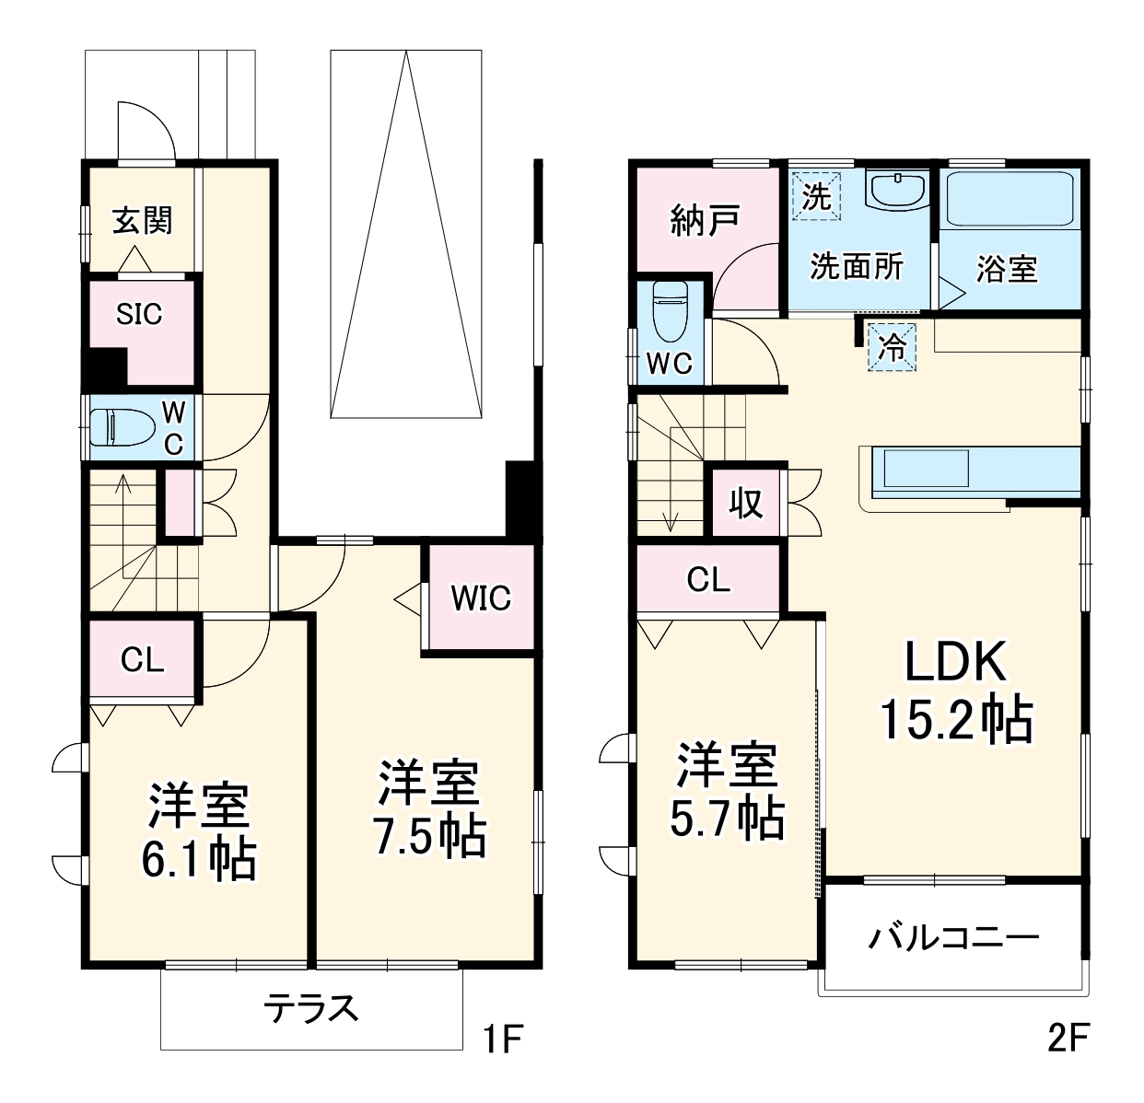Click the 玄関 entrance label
click(143, 221)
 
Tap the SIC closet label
click(139, 315)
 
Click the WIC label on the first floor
click(481, 598)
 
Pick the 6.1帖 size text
click(198, 858)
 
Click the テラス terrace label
click(311, 1009)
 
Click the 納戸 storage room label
click(705, 221)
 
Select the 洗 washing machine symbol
click(816, 196)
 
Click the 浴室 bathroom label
click(1007, 268)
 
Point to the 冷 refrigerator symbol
click(893, 347)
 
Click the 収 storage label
click(746, 503)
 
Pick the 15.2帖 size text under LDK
click(957, 720)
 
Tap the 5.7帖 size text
click(728, 817)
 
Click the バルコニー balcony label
click(953, 938)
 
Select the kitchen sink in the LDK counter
click(927, 469)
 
